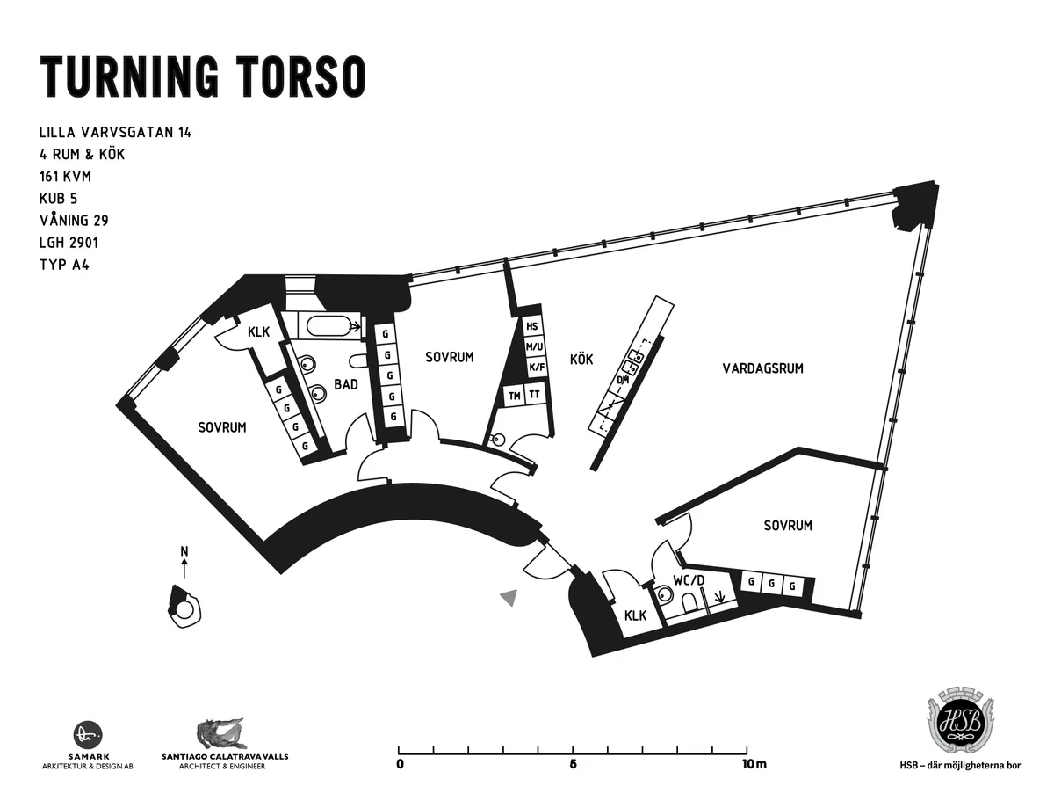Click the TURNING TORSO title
tap(202, 76)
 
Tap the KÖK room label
tap(581, 360)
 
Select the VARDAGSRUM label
tap(763, 368)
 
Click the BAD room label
tap(345, 384)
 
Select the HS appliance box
tap(531, 327)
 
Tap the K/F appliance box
tap(535, 367)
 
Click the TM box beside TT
tap(514, 396)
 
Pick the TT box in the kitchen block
tap(534, 396)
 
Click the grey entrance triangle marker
tap(508, 599)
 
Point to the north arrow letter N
tap(184, 552)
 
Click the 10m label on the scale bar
tap(754, 764)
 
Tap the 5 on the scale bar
tap(573, 764)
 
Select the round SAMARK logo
tap(88, 735)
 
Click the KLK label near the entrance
tap(635, 615)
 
